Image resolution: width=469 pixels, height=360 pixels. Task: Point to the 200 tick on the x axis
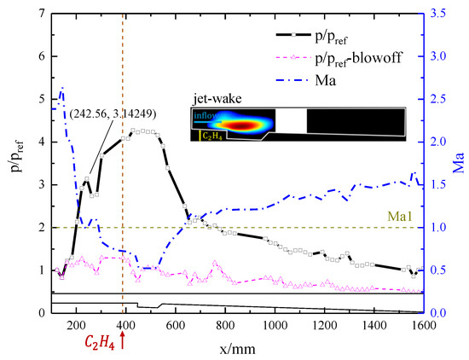77,326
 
